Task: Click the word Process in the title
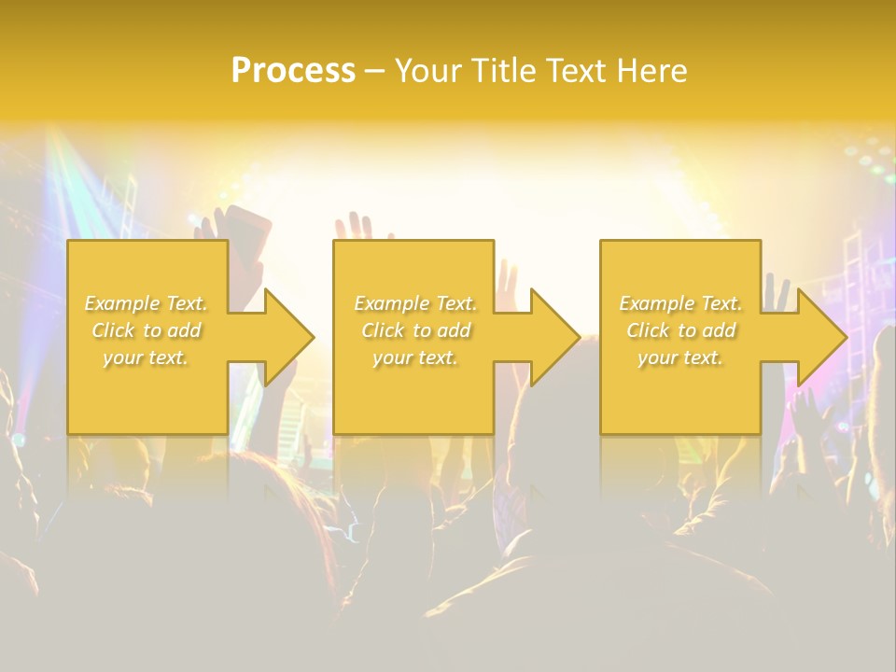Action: (293, 71)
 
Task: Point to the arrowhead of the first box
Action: (289, 337)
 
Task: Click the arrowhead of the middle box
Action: (555, 337)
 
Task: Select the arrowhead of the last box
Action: (822, 337)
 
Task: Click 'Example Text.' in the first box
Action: (147, 303)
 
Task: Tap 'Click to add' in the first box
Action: (147, 330)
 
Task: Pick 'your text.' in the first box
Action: (147, 357)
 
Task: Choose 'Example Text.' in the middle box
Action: (414, 303)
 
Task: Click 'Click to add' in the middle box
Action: (414, 330)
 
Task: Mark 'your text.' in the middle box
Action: (414, 357)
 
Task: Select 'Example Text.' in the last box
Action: (680, 303)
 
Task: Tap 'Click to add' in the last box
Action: (680, 330)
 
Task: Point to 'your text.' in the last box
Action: (680, 357)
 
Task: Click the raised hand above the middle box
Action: (352, 227)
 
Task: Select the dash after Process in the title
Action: (374, 72)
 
